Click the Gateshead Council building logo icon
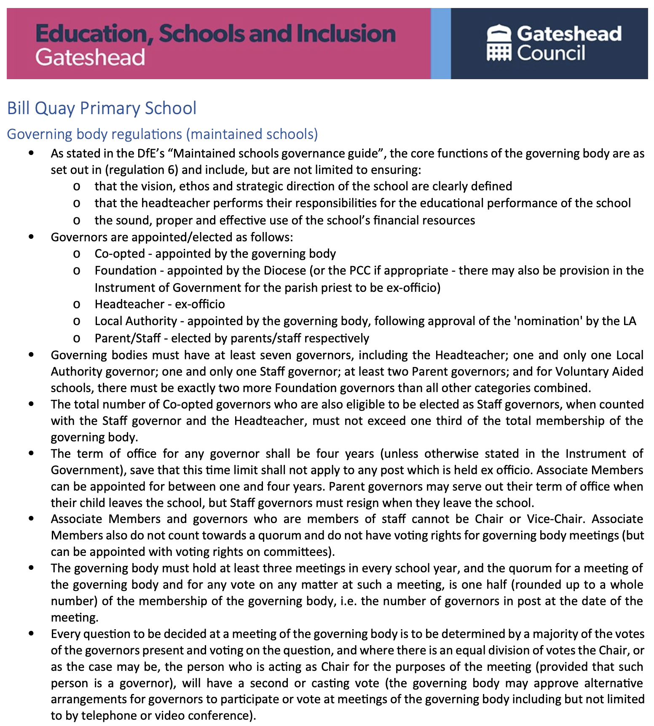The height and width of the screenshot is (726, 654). [499, 43]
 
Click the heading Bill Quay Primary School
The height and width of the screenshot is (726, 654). [102, 108]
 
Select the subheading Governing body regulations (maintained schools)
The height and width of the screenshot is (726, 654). [162, 134]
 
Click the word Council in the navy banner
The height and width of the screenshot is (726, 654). [551, 53]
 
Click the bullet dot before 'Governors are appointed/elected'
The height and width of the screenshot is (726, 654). [31, 237]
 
